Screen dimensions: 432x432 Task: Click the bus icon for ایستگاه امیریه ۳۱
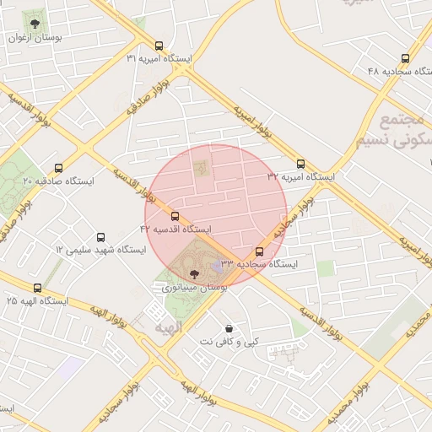click(159, 46)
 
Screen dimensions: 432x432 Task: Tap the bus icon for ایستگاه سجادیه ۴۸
click(406, 59)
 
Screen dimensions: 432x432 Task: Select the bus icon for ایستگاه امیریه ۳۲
click(301, 165)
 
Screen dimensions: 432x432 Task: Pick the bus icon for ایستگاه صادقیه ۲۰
click(58, 168)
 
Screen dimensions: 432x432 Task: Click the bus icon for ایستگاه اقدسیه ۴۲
click(175, 217)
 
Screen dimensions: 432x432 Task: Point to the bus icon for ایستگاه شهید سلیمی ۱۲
click(101, 238)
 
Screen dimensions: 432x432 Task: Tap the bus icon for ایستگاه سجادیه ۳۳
click(259, 251)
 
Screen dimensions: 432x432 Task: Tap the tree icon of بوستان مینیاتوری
click(195, 273)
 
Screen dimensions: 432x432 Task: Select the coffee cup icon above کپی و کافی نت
click(229, 328)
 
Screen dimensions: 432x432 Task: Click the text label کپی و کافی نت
click(229, 343)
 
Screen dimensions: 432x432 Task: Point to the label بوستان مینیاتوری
click(195, 288)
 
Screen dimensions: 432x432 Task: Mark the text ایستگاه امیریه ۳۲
click(301, 177)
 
